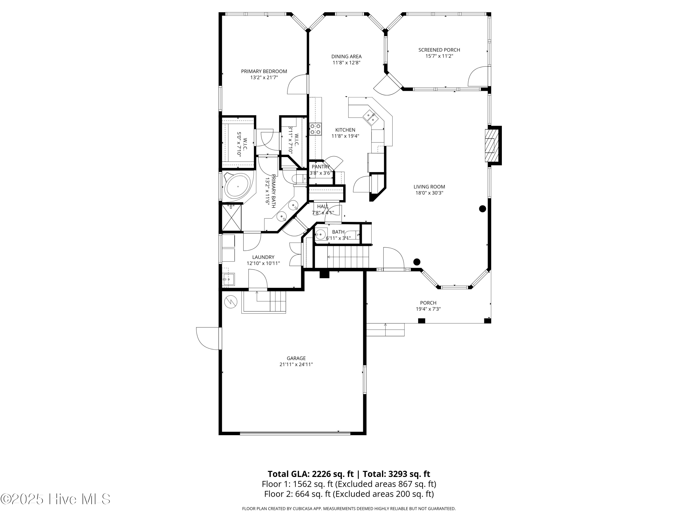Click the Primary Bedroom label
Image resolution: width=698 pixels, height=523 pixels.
[264, 71]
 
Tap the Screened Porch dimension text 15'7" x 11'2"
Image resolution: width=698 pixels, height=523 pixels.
[439, 56]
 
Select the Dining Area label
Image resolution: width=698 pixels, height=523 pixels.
[346, 56]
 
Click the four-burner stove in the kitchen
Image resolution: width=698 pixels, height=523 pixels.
[315, 129]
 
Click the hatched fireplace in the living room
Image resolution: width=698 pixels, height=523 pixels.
[490, 145]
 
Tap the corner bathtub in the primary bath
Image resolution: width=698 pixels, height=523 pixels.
[238, 187]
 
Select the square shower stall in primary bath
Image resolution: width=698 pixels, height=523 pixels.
[231, 218]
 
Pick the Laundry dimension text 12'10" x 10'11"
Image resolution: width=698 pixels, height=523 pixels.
[263, 263]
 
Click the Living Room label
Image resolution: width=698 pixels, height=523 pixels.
[429, 187]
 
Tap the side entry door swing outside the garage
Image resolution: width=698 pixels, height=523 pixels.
[207, 338]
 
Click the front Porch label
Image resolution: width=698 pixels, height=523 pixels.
[428, 303]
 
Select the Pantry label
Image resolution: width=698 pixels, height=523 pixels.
[321, 166]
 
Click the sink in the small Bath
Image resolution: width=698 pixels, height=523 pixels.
[320, 234]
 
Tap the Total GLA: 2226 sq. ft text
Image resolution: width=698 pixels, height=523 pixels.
[311, 474]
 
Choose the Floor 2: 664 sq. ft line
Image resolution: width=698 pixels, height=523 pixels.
[349, 494]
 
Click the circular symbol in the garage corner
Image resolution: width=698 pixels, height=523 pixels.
[230, 302]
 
